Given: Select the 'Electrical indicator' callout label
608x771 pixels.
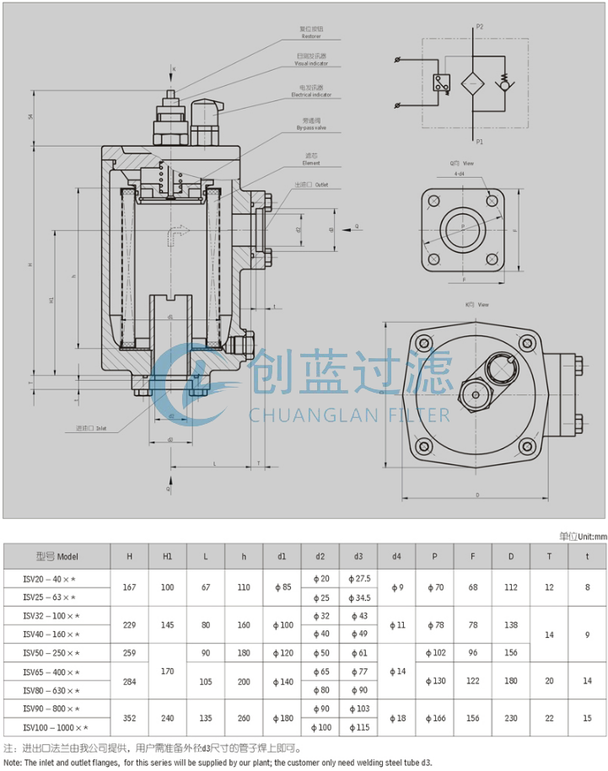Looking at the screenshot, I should pyautogui.click(x=311, y=94).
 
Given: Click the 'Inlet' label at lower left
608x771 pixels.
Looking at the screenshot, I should pyautogui.click(x=100, y=429).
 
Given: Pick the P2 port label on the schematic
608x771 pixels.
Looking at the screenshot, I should pyautogui.click(x=479, y=27).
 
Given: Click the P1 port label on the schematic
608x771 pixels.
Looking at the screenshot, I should pyautogui.click(x=479, y=142).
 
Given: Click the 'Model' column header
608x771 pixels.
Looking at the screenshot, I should pyautogui.click(x=57, y=556).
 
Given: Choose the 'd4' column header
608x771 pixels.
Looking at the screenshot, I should pyautogui.click(x=396, y=556).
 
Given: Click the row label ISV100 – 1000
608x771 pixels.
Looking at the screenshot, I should pyautogui.click(x=56, y=727).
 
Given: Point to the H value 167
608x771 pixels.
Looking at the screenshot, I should pyautogui.click(x=129, y=587).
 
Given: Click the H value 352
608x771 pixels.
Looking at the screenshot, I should pyautogui.click(x=129, y=718).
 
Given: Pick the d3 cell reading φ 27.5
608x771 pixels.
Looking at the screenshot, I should pyautogui.click(x=358, y=578).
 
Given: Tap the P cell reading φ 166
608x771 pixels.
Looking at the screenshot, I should pyautogui.click(x=434, y=718).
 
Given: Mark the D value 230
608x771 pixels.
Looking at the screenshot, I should pyautogui.click(x=511, y=718).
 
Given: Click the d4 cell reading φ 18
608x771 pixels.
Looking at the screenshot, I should pyautogui.click(x=396, y=718).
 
